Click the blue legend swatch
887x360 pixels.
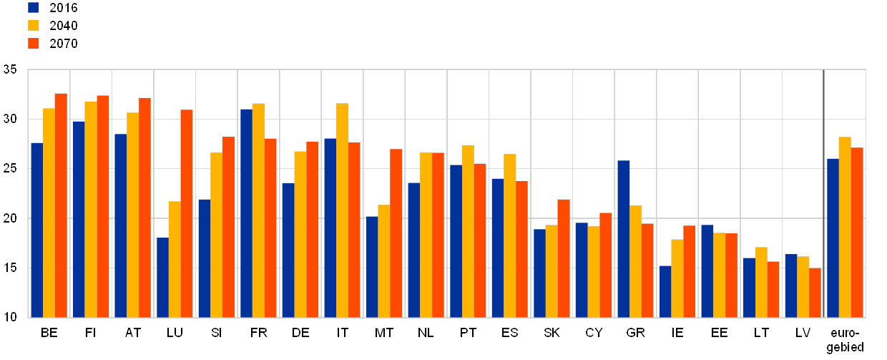[34, 8]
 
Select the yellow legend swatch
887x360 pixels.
[34, 26]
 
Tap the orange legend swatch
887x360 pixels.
[34, 44]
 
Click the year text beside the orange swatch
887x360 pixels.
[64, 44]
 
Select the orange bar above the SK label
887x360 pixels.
[564, 258]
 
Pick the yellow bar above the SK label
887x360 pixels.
[552, 271]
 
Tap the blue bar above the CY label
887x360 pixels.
[581, 270]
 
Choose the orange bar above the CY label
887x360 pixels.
[605, 265]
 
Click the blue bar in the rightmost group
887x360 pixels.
[833, 238]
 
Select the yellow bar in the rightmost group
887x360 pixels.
[845, 227]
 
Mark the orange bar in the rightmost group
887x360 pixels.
[857, 232]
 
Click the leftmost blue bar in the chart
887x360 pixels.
[36, 230]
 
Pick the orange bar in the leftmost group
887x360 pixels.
[61, 205]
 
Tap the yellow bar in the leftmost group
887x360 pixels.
[49, 213]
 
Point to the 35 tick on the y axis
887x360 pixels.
[10, 69]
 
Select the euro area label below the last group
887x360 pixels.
[845, 339]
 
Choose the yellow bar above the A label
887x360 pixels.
[132, 215]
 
